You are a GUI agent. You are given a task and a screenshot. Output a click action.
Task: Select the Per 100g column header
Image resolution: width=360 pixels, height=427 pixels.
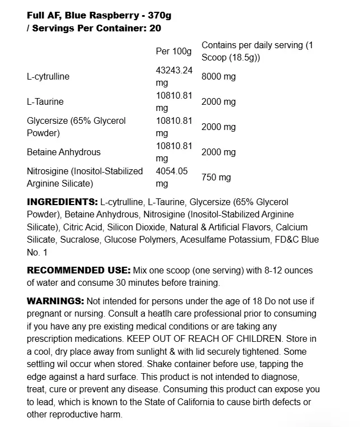(x=174, y=51)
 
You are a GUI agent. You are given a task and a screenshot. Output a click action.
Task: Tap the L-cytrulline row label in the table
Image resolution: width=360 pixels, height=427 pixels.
(x=48, y=76)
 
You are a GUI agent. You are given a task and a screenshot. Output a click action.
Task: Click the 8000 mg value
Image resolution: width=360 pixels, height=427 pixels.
(x=218, y=76)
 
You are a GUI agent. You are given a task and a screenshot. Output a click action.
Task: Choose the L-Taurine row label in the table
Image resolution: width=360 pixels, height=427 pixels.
(x=45, y=102)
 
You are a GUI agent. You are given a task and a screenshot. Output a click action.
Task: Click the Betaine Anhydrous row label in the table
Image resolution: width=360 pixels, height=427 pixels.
(x=64, y=152)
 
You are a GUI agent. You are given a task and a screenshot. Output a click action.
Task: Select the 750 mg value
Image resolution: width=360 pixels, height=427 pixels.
(x=216, y=178)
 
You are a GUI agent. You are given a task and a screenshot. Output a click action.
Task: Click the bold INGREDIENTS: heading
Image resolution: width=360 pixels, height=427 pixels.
(x=62, y=202)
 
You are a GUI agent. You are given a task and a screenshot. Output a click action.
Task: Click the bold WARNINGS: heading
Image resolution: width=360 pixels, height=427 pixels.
(x=55, y=301)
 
